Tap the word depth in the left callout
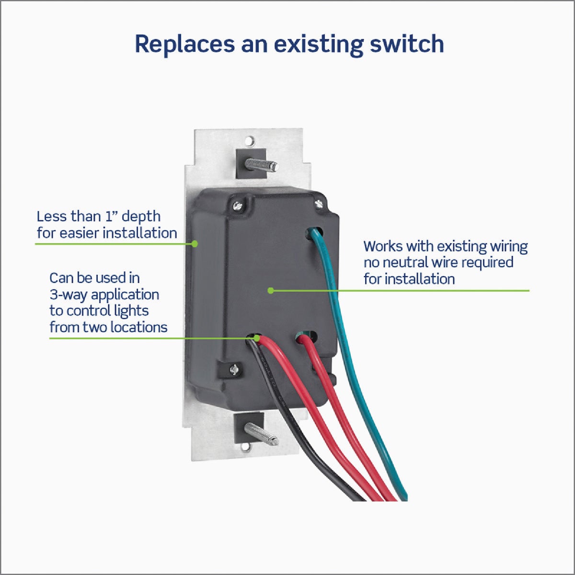141,217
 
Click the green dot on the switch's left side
195,243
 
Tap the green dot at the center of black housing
270,290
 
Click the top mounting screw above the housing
261,165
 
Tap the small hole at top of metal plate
249,141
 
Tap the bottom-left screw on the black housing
233,369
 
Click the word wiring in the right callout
508,246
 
